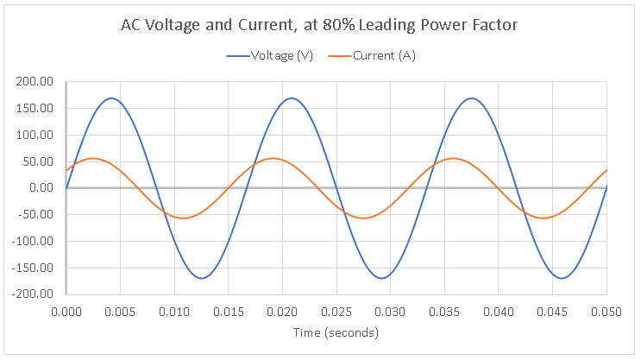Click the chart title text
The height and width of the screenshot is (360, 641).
point(319,25)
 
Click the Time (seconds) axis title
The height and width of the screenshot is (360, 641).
point(336,332)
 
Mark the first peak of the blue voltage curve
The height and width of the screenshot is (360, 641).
point(111,98)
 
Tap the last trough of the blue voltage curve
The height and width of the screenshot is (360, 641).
point(562,278)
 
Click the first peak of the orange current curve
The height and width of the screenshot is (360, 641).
point(93,158)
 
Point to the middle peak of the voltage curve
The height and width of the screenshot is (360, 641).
point(292,98)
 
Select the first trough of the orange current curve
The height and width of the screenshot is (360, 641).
point(183,218)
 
